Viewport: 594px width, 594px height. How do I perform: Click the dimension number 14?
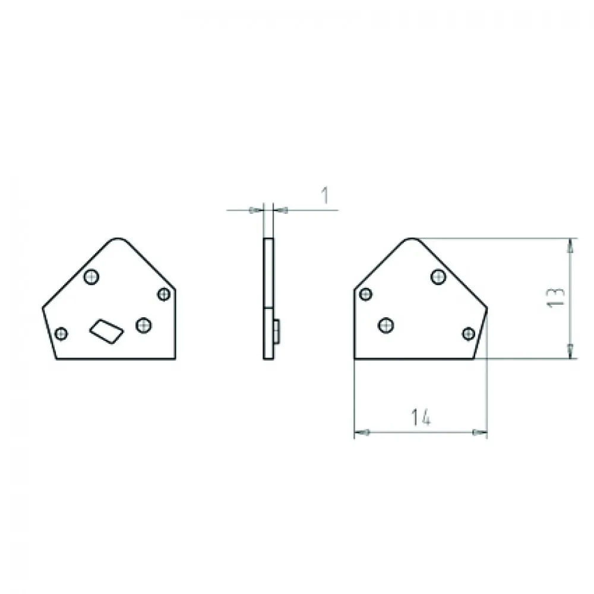(421, 417)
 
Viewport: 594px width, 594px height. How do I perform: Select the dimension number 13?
(557, 298)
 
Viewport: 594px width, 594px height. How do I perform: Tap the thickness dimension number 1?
(325, 195)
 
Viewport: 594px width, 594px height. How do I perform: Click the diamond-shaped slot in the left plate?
(106, 331)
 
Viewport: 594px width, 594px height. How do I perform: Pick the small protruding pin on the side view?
(277, 332)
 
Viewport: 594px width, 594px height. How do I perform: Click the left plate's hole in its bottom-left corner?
(61, 334)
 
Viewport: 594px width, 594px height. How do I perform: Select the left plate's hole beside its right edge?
(164, 295)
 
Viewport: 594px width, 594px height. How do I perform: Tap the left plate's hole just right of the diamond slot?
(144, 325)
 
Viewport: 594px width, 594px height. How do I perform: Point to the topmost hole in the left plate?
(91, 277)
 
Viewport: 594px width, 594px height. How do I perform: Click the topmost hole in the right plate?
(438, 277)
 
